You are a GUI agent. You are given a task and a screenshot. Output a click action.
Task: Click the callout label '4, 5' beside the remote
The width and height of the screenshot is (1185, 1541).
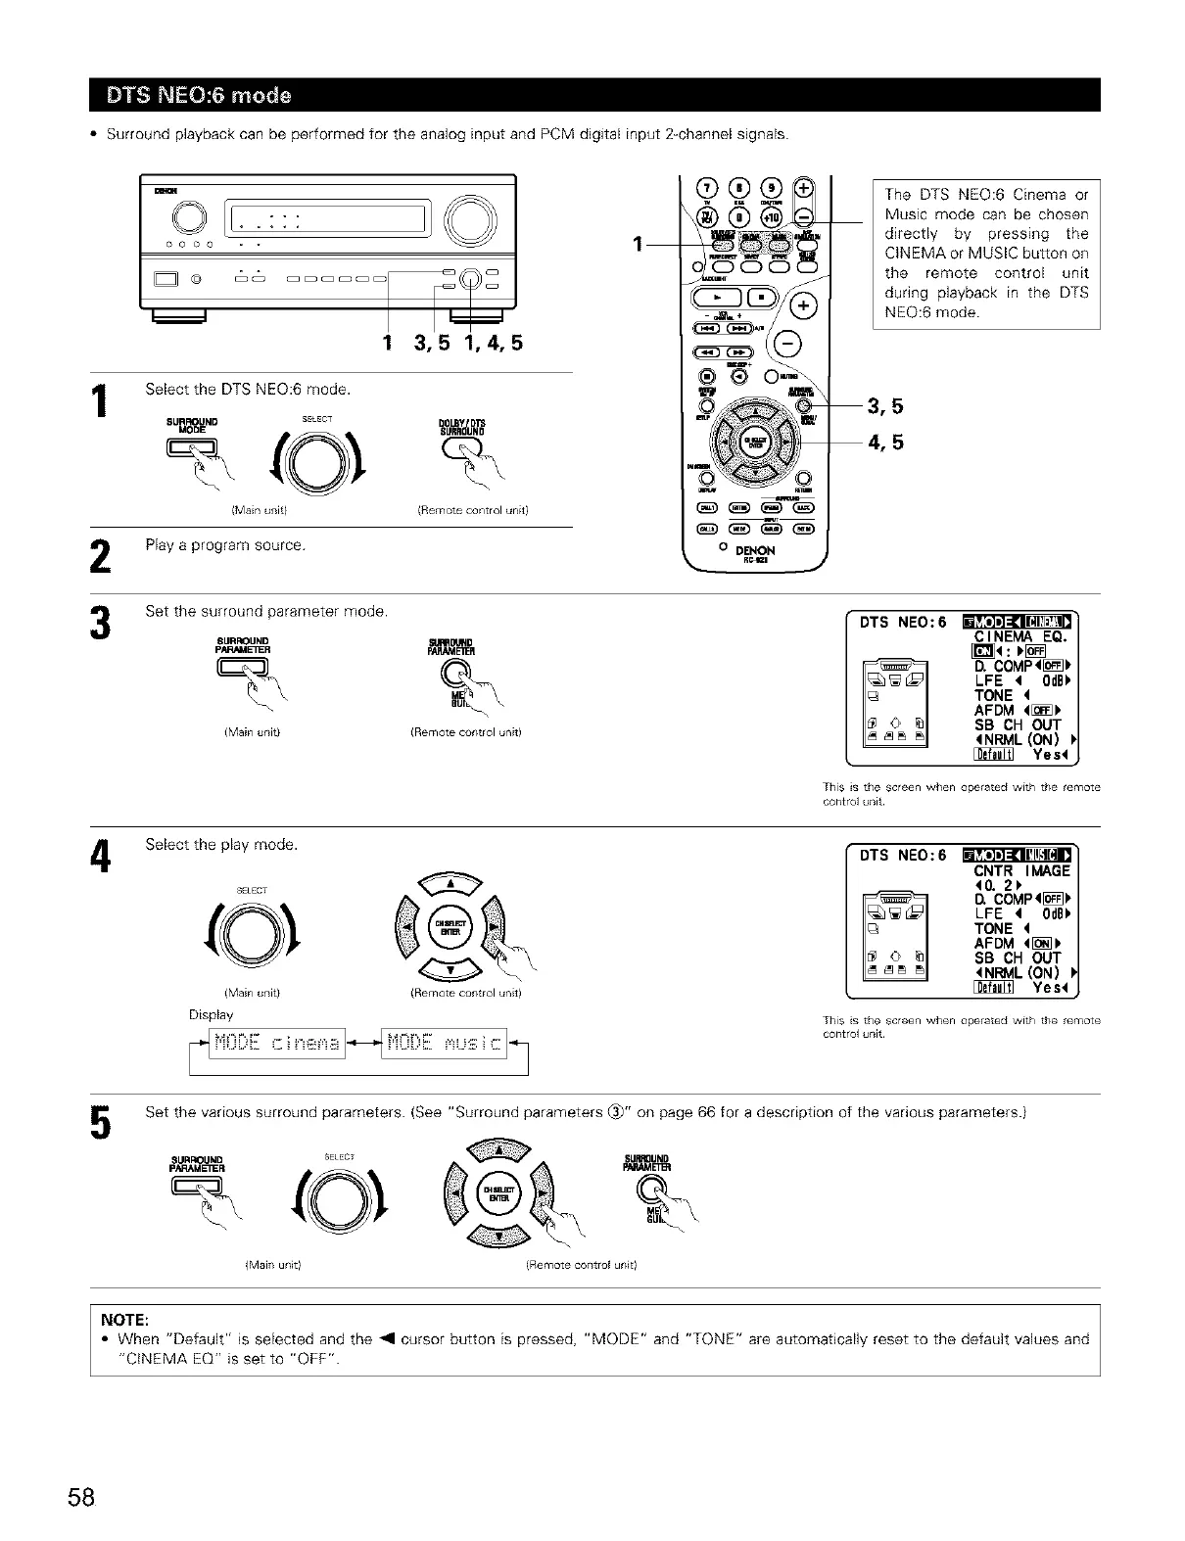(885, 443)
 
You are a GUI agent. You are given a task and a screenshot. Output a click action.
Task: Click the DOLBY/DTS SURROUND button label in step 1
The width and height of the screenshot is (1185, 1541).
(463, 426)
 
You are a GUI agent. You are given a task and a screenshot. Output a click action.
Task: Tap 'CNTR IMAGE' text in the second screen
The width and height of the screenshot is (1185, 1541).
(1021, 870)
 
